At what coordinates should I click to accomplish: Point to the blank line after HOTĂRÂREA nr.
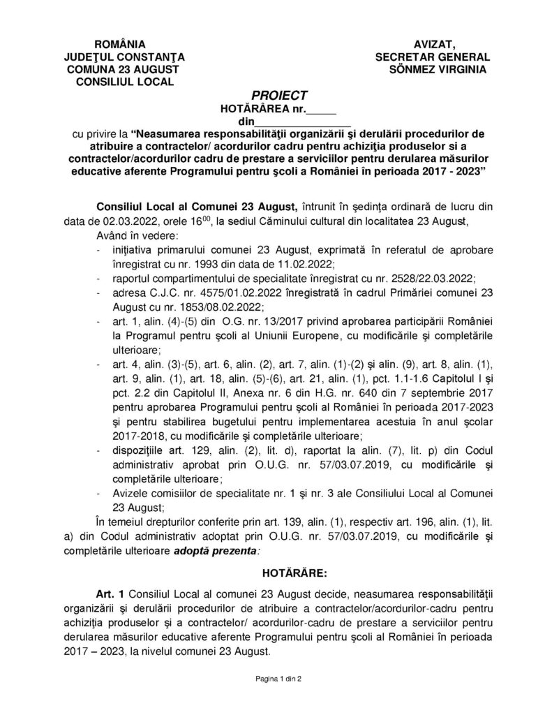pos(322,109)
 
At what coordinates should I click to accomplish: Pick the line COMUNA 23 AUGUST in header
pos(123,69)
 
